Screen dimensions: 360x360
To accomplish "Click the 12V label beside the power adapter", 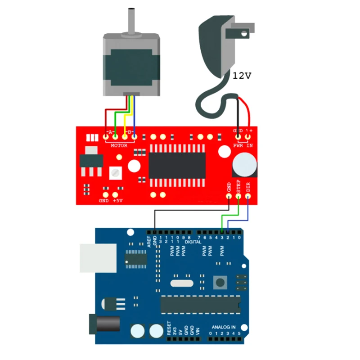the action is [x=242, y=76].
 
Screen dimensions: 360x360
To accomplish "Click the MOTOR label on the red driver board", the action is [x=119, y=145].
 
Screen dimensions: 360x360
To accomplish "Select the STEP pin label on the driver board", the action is [x=239, y=185].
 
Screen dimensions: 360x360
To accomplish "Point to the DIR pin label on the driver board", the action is [x=248, y=185].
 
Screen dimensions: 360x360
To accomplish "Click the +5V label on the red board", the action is [x=118, y=200].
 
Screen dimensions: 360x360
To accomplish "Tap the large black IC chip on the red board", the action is [x=177, y=165].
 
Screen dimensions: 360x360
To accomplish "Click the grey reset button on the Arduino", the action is [x=220, y=283].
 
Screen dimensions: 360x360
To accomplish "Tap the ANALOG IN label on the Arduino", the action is [x=224, y=327].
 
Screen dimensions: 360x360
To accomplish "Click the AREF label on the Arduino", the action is [x=149, y=239].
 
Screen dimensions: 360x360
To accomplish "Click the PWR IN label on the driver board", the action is [x=243, y=145].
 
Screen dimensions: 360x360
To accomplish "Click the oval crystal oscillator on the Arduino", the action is [x=181, y=283].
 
